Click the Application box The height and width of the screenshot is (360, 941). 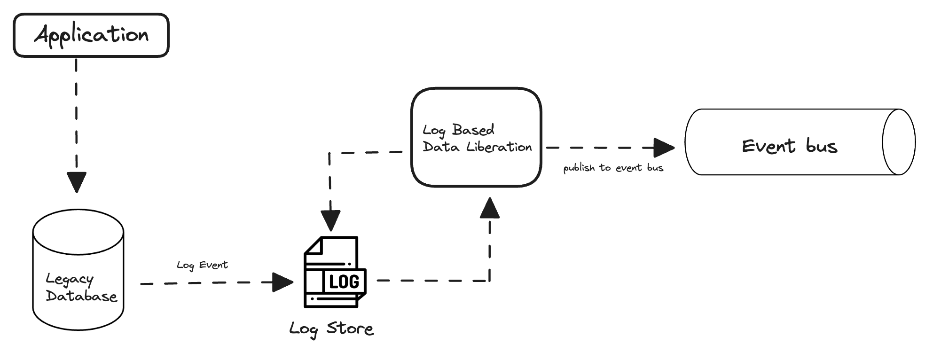[x=91, y=35]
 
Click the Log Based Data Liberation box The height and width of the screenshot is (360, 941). [x=476, y=137]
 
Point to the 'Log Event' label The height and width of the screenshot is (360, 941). [x=202, y=265]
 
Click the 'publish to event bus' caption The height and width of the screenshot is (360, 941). [x=613, y=168]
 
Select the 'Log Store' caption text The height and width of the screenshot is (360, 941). [x=331, y=329]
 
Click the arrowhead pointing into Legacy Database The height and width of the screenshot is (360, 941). [x=77, y=182]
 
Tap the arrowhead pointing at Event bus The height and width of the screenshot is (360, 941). [x=664, y=148]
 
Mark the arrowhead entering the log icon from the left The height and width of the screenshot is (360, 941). [x=283, y=282]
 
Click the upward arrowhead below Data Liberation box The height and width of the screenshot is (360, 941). [x=489, y=208]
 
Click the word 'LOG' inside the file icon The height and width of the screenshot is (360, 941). [x=344, y=282]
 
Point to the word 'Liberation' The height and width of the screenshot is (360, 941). [x=499, y=147]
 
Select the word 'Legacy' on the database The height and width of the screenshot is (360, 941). [x=70, y=280]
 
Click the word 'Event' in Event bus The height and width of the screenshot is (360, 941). [x=768, y=146]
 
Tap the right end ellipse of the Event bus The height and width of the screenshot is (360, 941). [x=899, y=142]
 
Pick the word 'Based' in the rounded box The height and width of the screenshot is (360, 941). [x=473, y=130]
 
